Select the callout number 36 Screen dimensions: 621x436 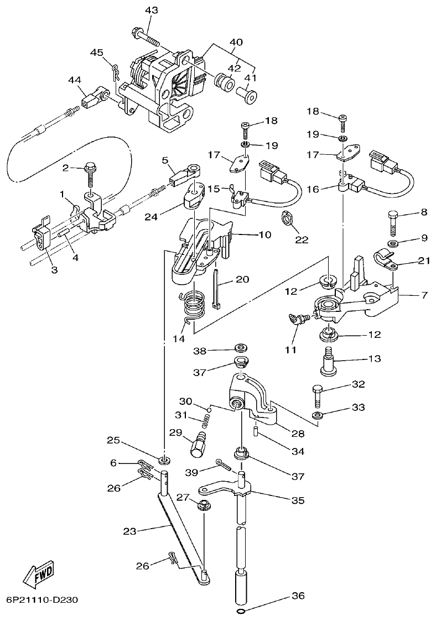[298, 596]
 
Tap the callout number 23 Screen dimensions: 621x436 [129, 531]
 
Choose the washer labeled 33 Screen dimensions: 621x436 [318, 415]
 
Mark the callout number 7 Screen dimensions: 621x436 [424, 295]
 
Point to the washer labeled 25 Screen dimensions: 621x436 [164, 460]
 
